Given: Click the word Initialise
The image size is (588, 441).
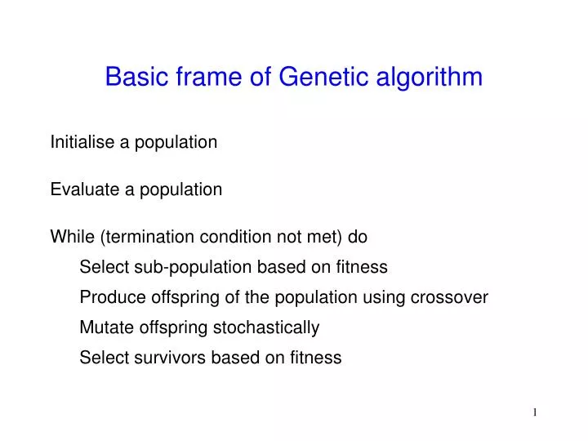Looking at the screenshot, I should coord(83,142).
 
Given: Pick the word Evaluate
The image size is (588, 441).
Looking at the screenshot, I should coord(86,189).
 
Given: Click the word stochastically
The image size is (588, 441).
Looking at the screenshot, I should coord(266,327).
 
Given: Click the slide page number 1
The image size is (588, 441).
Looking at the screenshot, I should coord(535,413).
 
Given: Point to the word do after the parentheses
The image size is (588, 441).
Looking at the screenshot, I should coord(358,237).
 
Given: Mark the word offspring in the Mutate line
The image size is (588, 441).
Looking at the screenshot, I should coord(170,327).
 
